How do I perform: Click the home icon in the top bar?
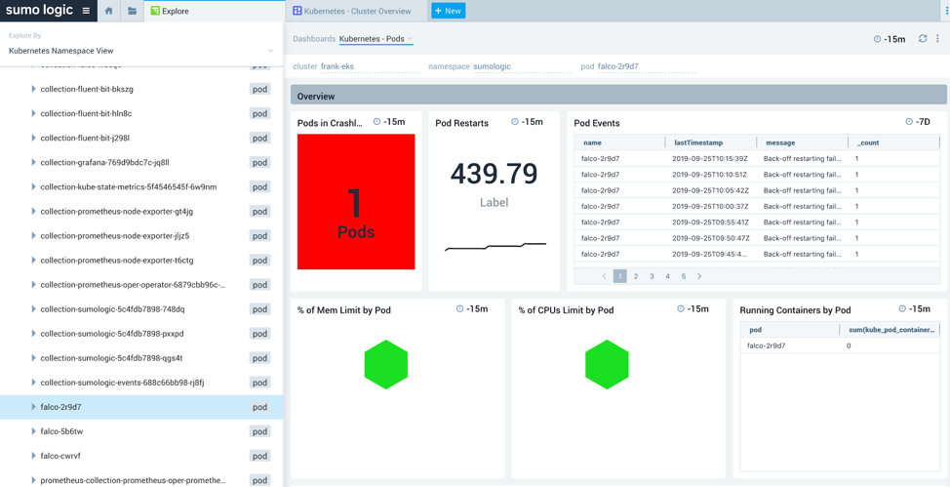(108, 11)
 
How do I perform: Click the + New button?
(448, 11)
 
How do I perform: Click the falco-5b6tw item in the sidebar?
(61, 431)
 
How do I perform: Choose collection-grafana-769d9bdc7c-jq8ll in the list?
(104, 163)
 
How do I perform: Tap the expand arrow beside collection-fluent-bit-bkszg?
(33, 89)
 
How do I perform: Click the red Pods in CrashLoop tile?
(356, 202)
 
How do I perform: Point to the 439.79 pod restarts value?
(494, 174)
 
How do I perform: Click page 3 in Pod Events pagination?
(652, 276)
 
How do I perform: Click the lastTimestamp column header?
(698, 142)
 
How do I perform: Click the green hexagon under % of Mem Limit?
(386, 365)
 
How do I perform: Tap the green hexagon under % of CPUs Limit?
(607, 365)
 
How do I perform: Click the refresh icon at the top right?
(923, 39)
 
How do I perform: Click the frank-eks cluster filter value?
(337, 66)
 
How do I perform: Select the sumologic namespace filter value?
(492, 66)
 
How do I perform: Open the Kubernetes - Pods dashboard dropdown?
(376, 39)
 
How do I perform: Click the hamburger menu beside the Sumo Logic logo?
(86, 11)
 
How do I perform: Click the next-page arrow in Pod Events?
(699, 276)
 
